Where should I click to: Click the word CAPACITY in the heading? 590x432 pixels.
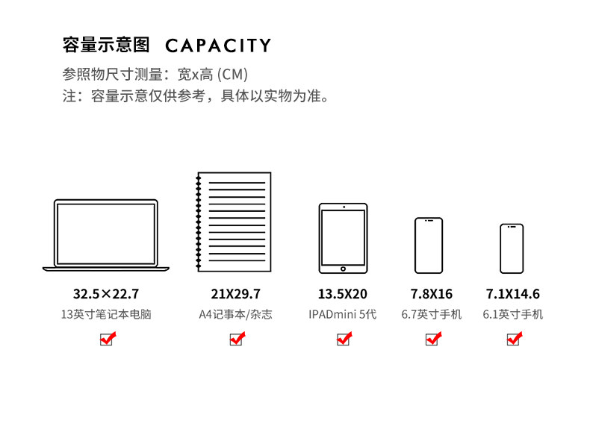point(218,46)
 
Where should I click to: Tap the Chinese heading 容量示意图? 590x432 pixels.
point(106,45)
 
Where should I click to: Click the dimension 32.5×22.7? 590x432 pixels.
point(106,294)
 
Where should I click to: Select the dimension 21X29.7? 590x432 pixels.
point(235,294)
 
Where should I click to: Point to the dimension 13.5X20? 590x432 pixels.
point(342,294)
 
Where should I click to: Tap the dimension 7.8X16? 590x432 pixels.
point(431,294)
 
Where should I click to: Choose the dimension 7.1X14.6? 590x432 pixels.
point(512,294)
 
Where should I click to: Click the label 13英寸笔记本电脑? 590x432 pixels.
point(106,314)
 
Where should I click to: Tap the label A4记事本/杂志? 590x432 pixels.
point(235,314)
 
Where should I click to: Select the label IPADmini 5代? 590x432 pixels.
point(342,314)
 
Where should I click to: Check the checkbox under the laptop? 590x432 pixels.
point(107,339)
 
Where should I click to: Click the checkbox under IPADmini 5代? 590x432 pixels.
point(344,339)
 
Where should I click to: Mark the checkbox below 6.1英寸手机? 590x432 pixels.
point(514,339)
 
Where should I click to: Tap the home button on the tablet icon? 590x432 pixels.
point(343,269)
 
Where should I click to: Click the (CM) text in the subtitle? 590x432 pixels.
point(232,75)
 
